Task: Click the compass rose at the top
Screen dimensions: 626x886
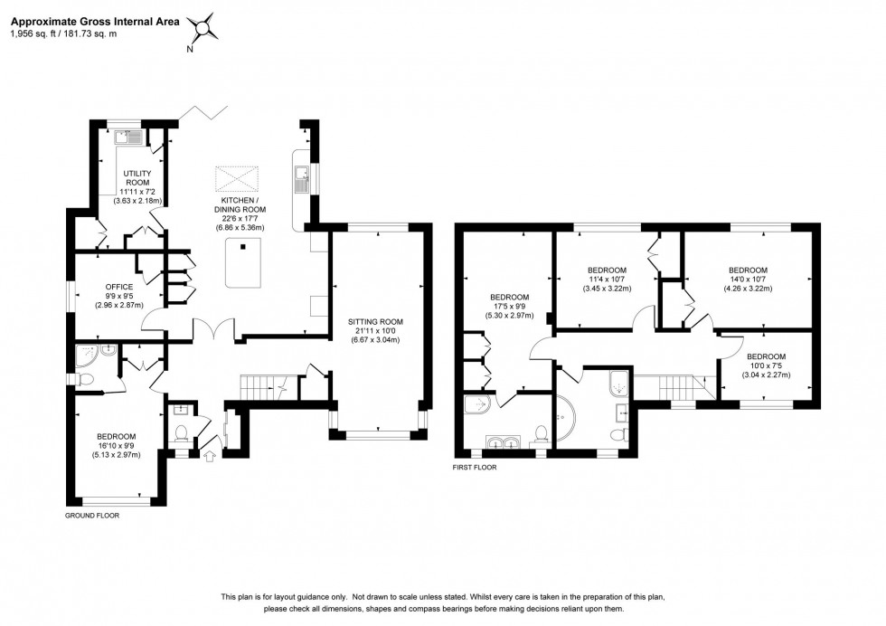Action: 204,29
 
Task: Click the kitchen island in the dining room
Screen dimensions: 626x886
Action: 241,261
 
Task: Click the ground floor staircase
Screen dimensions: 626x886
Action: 262,387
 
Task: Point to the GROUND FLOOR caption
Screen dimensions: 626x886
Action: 92,515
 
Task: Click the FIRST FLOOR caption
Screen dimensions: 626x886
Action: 475,469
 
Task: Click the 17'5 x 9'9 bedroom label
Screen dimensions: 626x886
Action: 509,307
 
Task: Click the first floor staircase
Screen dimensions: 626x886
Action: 675,387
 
